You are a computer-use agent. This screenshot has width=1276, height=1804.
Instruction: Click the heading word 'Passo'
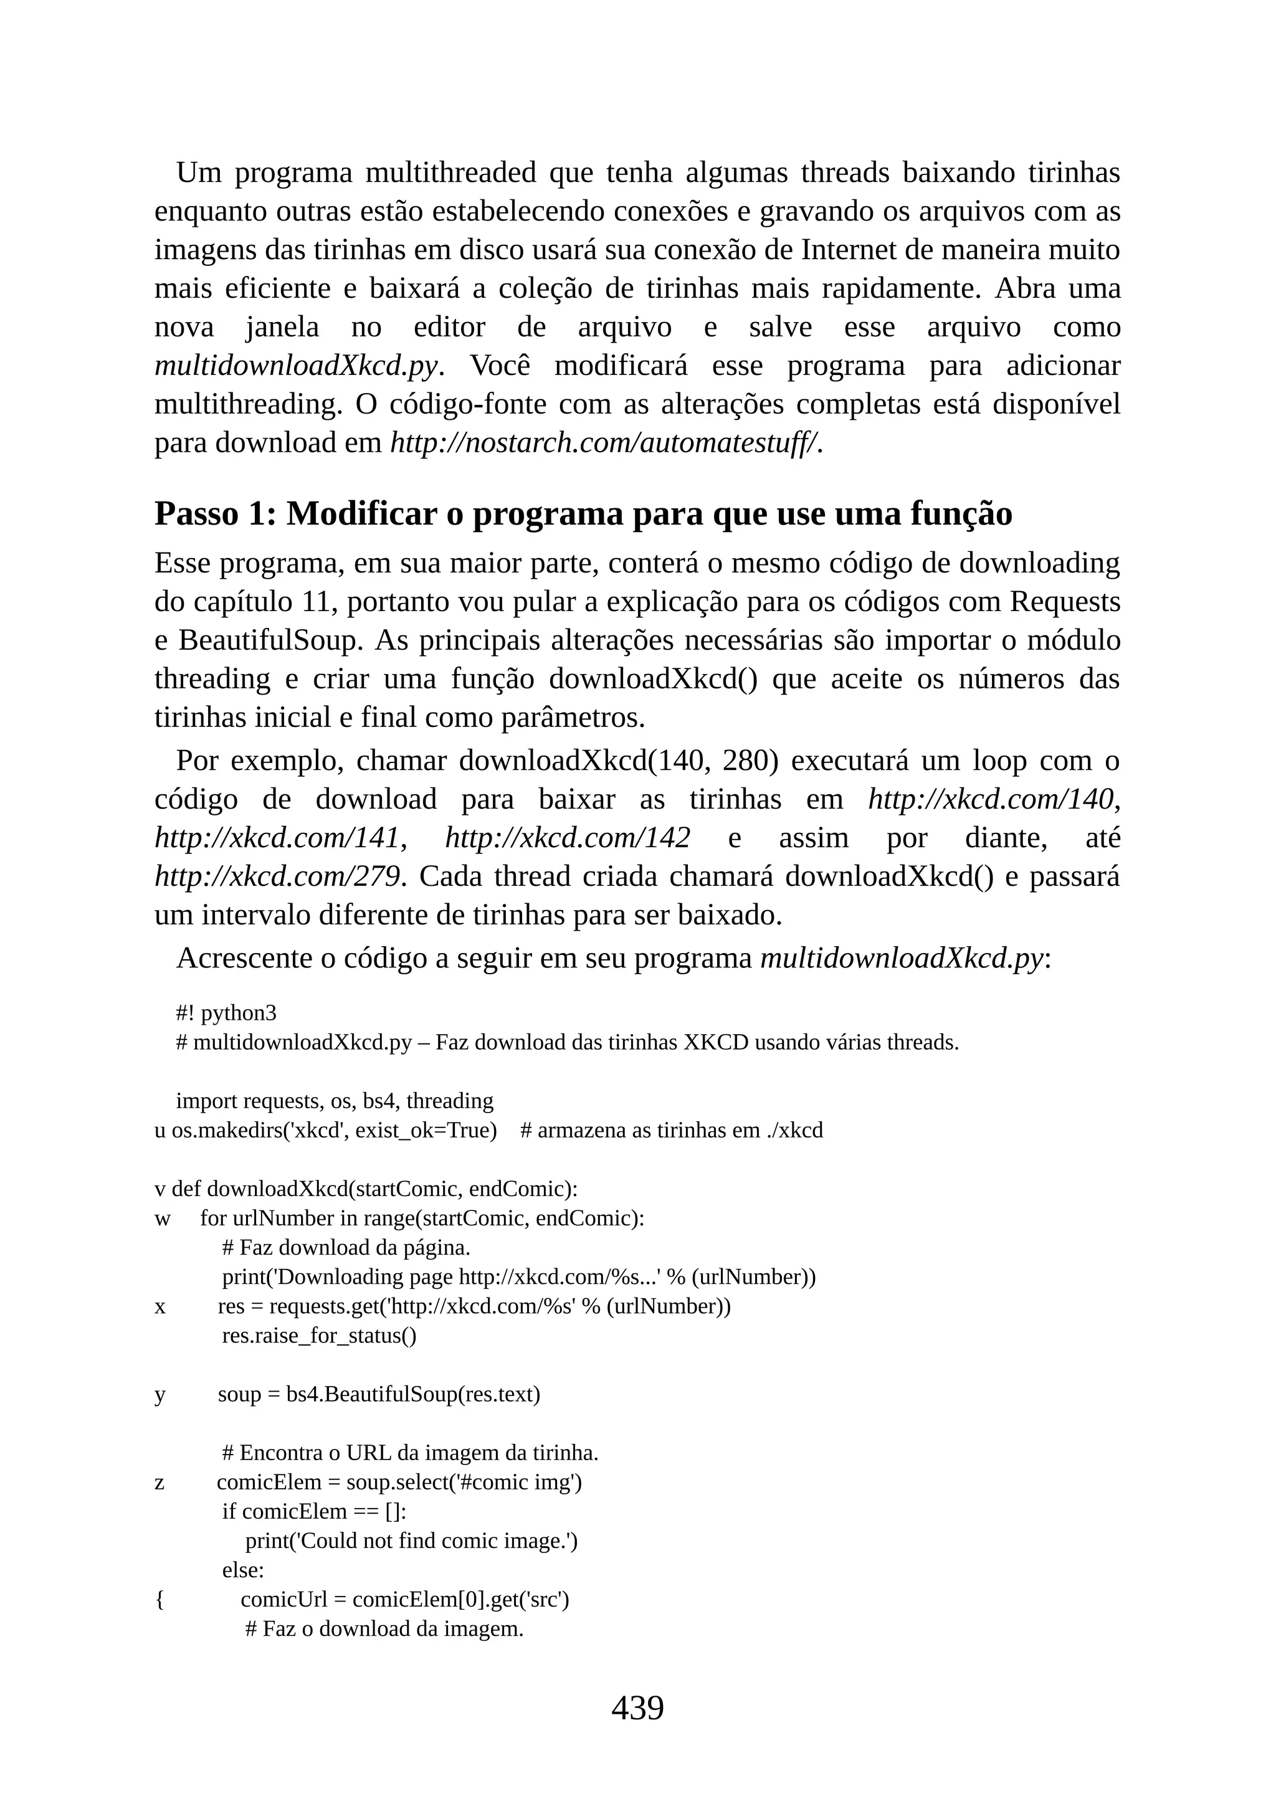click(x=196, y=514)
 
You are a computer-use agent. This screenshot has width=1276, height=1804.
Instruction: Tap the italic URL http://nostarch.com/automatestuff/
click(x=606, y=443)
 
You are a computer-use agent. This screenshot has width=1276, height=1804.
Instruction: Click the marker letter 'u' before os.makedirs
click(x=159, y=1131)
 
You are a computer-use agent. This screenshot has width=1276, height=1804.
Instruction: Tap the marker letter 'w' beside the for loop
click(x=162, y=1218)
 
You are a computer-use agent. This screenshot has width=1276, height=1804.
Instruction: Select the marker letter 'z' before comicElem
click(x=159, y=1483)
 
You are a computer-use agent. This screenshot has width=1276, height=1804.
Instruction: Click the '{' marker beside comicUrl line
click(x=159, y=1600)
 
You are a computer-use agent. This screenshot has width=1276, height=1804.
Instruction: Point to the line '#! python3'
click(x=226, y=1014)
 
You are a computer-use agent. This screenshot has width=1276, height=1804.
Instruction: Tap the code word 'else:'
click(x=243, y=1570)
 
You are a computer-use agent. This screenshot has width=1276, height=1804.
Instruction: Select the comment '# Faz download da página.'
click(x=346, y=1248)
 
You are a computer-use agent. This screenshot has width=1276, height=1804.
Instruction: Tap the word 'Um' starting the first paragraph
click(x=199, y=172)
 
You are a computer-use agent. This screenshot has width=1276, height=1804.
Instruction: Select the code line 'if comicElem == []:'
click(x=313, y=1512)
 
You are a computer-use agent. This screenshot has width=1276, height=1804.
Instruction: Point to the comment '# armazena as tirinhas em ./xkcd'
click(x=672, y=1131)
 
